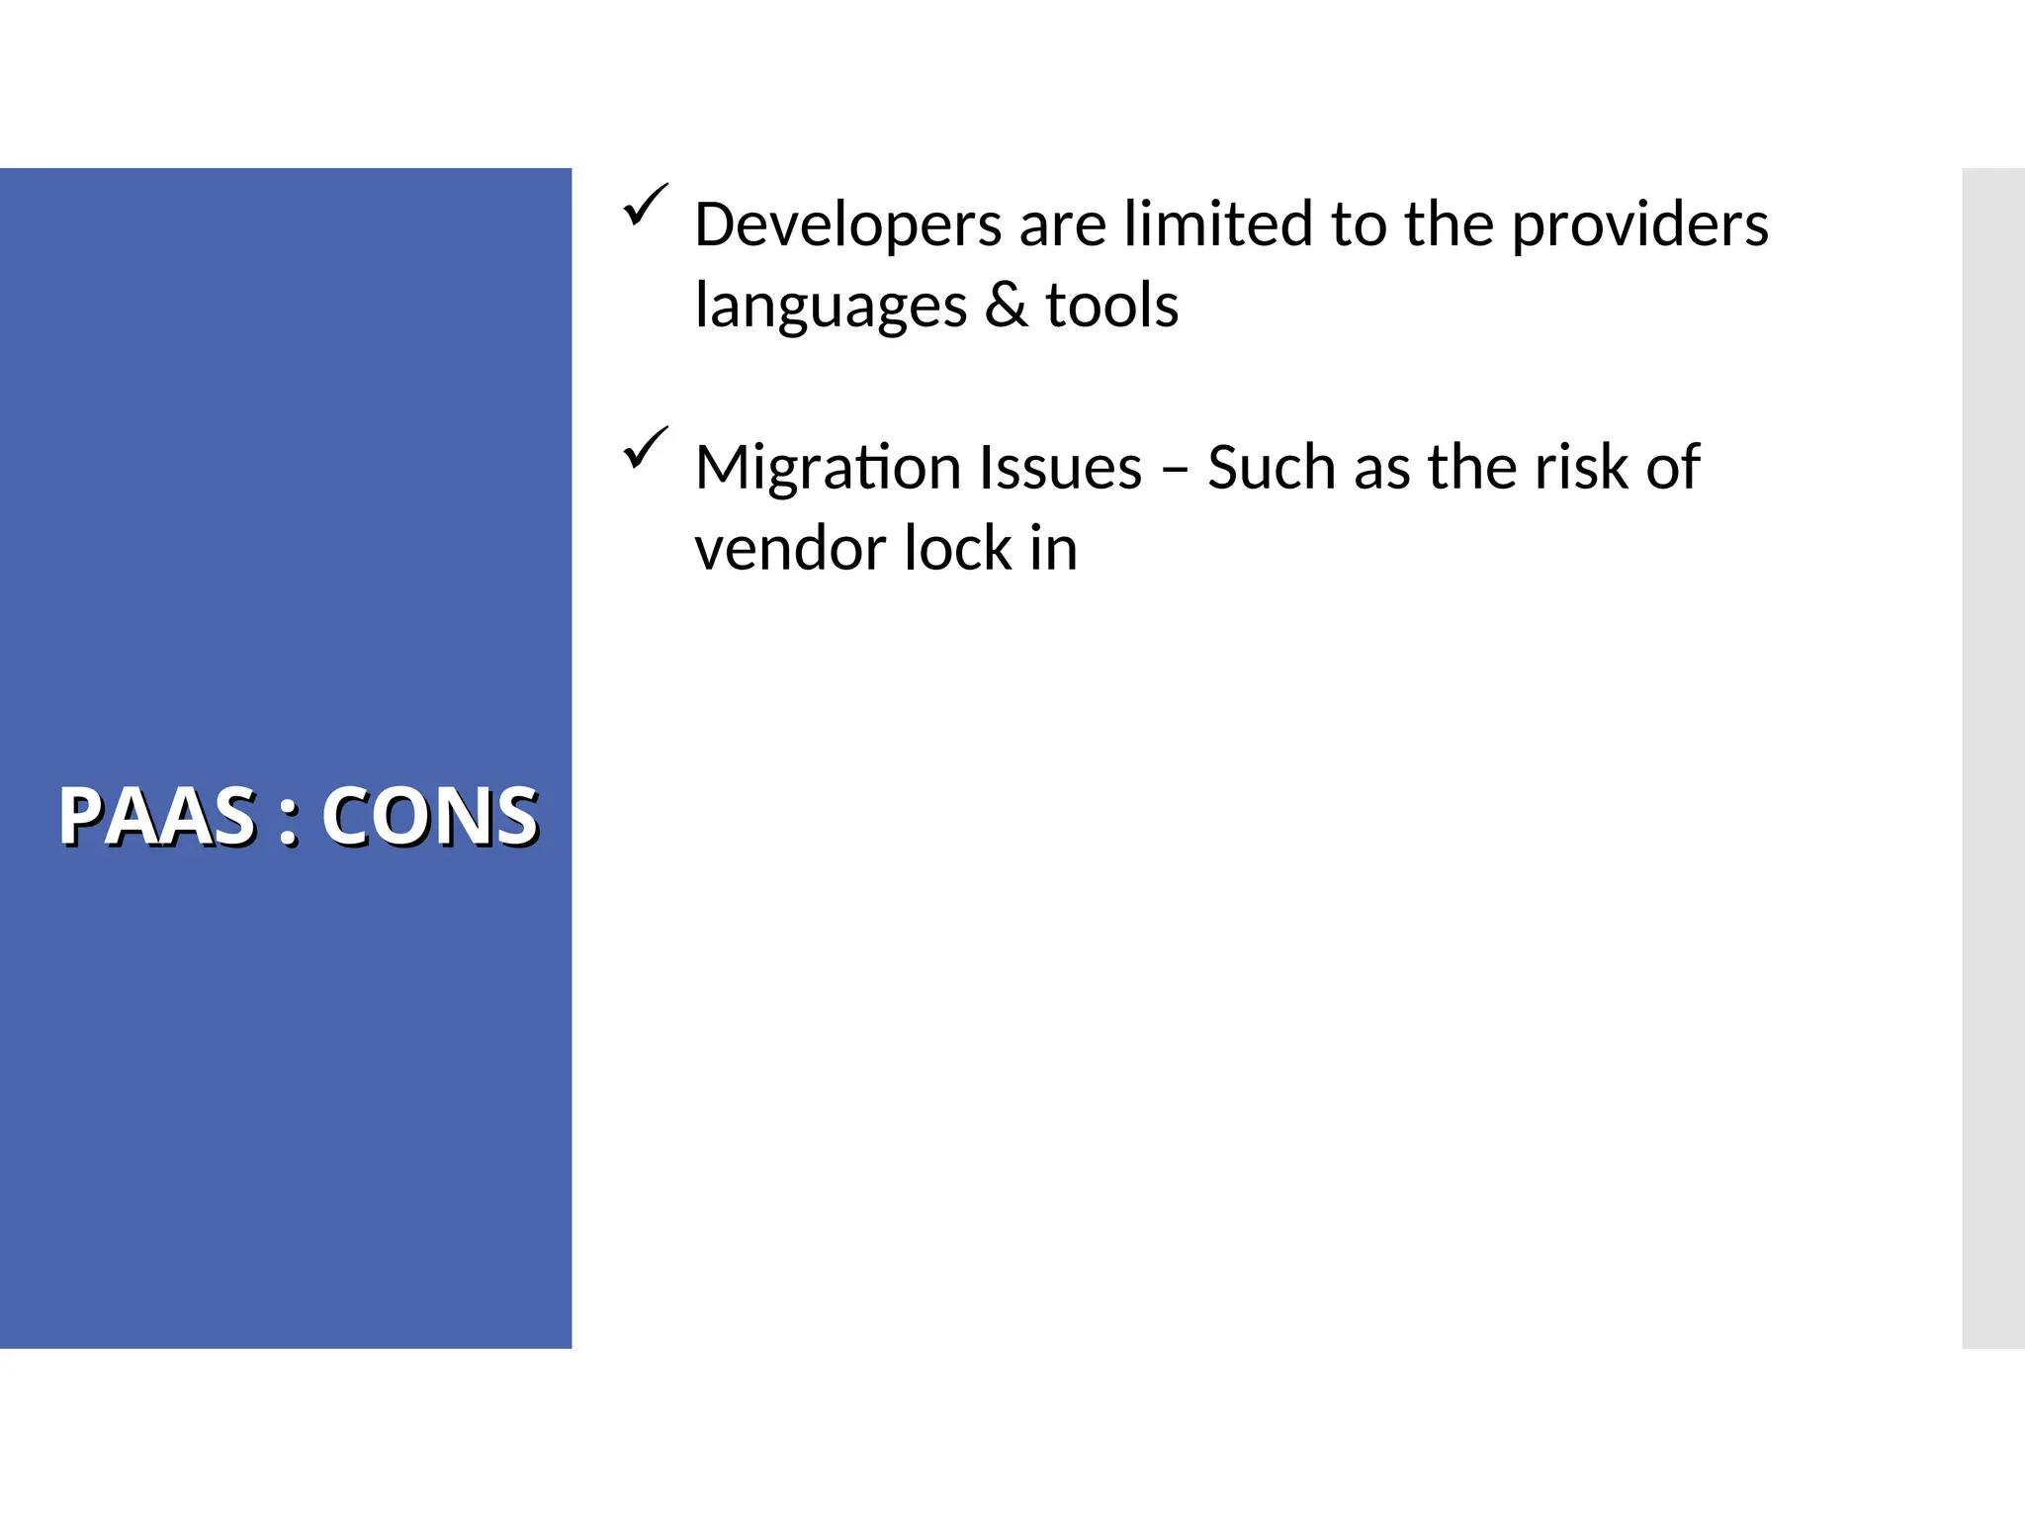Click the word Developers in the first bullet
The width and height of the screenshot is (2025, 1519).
point(848,225)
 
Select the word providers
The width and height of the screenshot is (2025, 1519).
point(1639,225)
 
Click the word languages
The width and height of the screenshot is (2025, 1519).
point(831,307)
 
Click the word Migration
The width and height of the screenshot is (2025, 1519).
point(824,469)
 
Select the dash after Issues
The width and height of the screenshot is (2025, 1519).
point(1175,469)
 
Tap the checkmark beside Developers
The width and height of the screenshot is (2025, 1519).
point(646,205)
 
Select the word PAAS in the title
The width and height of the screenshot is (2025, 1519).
point(158,817)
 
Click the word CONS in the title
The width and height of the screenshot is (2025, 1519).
point(430,817)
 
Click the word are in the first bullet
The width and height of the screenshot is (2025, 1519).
point(1062,225)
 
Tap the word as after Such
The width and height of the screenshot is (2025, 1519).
point(1381,469)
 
